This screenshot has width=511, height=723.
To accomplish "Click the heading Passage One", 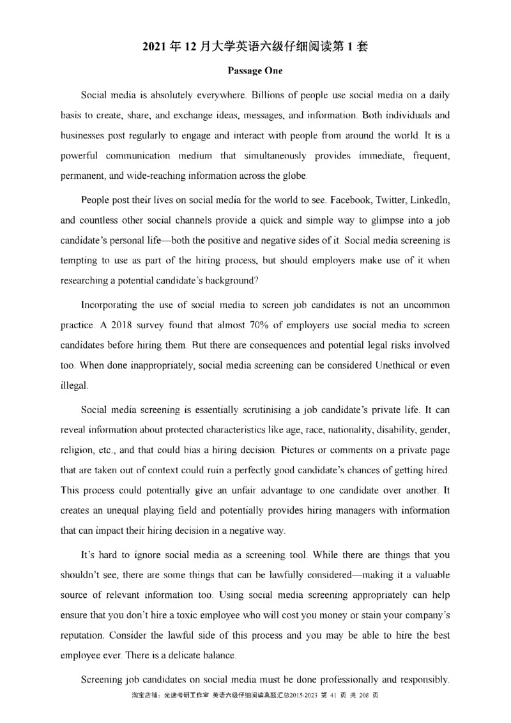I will pyautogui.click(x=255, y=72).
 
